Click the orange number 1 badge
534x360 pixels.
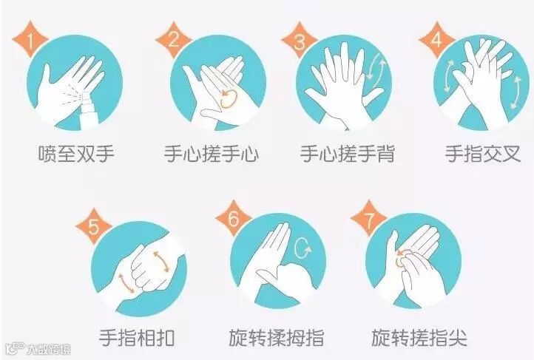[x=30, y=40]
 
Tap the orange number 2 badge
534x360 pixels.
[x=173, y=40]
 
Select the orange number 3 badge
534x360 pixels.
[x=300, y=41]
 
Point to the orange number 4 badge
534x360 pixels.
[x=436, y=40]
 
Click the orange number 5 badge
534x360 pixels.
[x=94, y=226]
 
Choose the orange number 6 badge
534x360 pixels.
[x=234, y=218]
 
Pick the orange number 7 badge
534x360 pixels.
[x=368, y=219]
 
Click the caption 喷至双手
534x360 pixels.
[x=76, y=154]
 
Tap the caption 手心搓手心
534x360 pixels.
[x=211, y=154]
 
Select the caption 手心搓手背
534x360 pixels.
[x=347, y=154]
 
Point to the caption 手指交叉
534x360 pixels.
[x=483, y=154]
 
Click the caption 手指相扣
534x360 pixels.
[x=137, y=338]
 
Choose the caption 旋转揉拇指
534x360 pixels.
[x=276, y=338]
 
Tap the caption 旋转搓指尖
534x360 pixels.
[x=419, y=338]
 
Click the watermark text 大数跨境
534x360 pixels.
[x=48, y=350]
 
